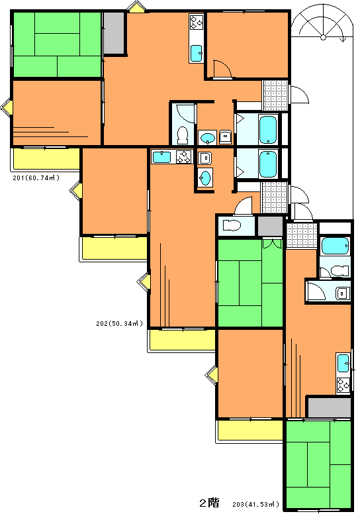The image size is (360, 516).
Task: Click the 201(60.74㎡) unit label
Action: tap(36, 178)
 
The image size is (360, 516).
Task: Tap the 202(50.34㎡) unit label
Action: tap(120, 323)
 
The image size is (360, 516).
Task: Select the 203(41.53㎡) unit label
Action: tap(256, 504)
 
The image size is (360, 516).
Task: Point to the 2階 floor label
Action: tap(209, 503)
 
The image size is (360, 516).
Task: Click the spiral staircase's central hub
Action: tap(323, 37)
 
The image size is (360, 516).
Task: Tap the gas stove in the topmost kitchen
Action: tap(197, 21)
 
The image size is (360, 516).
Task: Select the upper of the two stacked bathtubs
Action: tap(267, 130)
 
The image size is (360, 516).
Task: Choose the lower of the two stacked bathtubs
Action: tap(267, 164)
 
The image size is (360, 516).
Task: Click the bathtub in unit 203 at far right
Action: tap(335, 246)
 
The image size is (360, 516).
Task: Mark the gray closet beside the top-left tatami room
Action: tap(114, 33)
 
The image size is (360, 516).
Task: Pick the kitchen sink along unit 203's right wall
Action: tap(343, 363)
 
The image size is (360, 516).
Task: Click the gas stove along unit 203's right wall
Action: tap(343, 385)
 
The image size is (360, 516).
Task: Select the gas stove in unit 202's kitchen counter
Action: tap(183, 156)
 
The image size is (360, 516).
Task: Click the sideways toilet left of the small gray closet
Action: tap(232, 225)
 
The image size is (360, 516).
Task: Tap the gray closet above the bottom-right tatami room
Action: tap(330, 407)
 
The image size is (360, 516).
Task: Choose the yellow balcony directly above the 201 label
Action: tap(46, 159)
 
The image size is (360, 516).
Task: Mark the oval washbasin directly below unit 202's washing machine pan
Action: tap(205, 178)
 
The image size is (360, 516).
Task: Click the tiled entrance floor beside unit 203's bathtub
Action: tap(302, 236)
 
